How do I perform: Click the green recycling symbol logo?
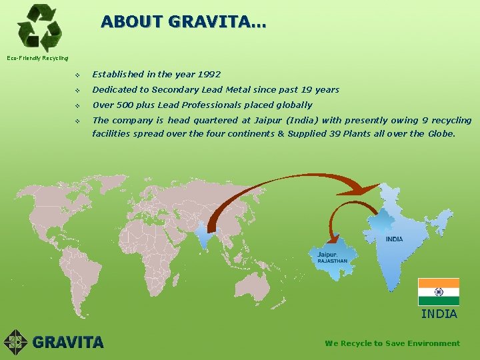pos(39,27)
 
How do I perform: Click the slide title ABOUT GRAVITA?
pos(183,22)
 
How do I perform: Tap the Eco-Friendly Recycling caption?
pos(37,58)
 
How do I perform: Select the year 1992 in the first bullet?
pos(209,74)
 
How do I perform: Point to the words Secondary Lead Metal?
pos(201,89)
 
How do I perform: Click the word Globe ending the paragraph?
pos(441,133)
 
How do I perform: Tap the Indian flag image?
pos(438,292)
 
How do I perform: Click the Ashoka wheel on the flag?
pos(438,292)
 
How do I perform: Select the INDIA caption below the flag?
pos(439,313)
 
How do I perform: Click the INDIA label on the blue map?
pos(394,239)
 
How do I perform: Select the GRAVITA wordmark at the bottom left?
pos(67,343)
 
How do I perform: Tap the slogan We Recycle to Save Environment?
pos(392,343)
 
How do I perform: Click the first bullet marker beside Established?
pos(78,75)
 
